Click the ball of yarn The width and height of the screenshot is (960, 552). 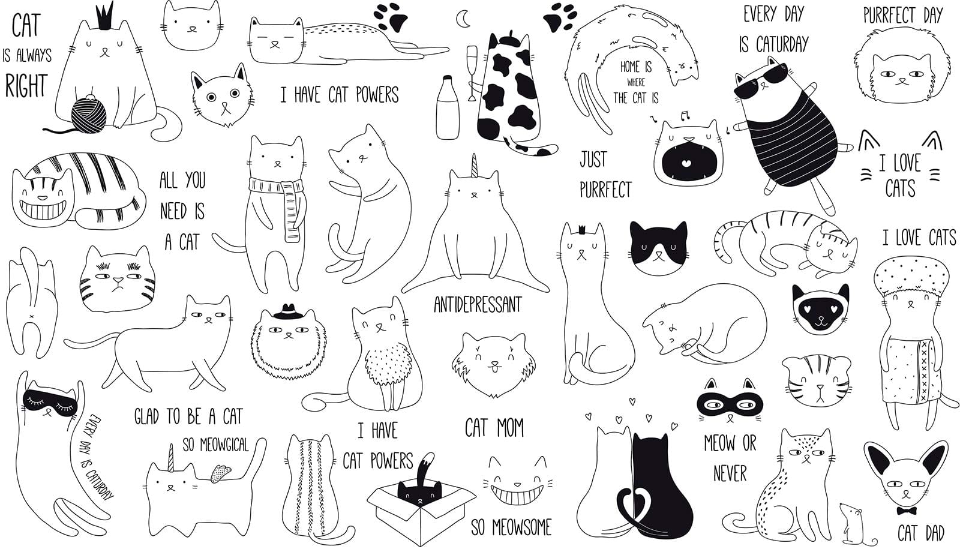pos(88,115)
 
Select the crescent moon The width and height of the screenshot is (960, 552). pos(462,19)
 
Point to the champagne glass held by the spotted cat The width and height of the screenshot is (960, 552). pos(472,73)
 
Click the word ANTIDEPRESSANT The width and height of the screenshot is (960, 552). pos(478,305)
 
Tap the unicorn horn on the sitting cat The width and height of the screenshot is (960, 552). pos(474,166)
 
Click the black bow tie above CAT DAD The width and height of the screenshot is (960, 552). pos(907,511)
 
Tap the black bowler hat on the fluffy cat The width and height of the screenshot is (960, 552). pos(289,313)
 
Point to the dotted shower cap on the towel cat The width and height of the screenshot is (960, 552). pos(908,276)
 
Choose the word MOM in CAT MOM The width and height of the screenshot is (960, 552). pos(510,428)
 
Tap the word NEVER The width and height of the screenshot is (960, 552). pos(730,473)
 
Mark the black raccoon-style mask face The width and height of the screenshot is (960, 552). pos(729,404)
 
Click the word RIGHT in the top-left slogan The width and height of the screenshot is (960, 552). pos(26,86)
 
